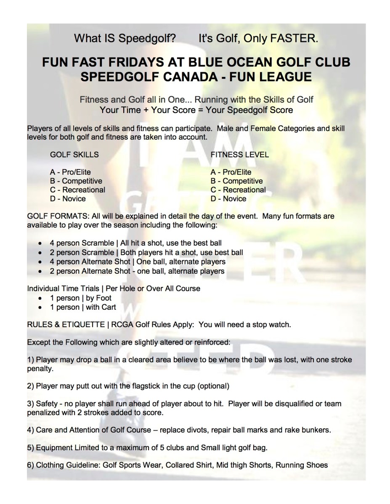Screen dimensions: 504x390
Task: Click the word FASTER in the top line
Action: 294,39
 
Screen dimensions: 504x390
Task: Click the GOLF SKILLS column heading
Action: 74,154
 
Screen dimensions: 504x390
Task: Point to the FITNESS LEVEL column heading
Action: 239,154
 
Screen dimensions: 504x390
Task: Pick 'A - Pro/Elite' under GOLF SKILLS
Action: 70,172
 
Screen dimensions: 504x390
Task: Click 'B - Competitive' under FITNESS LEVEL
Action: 236,181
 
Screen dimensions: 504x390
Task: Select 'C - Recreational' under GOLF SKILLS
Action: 77,190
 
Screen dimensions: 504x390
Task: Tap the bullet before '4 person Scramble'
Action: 40,243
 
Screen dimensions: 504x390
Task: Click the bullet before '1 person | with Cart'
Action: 40,307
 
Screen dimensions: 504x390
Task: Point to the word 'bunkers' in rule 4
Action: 318,430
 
